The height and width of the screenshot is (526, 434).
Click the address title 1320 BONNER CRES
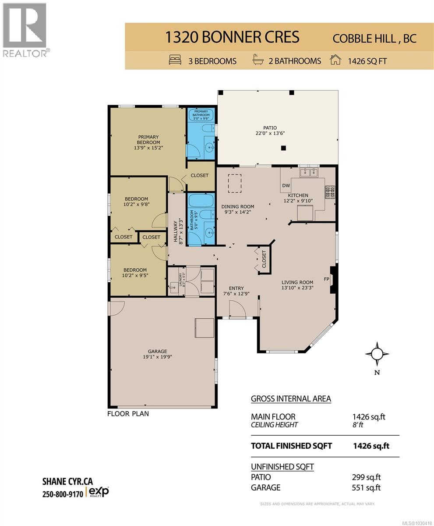click(232, 37)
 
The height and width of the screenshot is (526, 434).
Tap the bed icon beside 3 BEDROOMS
click(175, 60)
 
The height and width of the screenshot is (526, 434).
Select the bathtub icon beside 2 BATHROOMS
click(258, 60)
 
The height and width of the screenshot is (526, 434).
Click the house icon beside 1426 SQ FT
click(335, 60)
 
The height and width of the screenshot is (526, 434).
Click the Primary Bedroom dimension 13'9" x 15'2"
click(147, 148)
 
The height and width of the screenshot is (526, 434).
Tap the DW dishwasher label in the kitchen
click(286, 186)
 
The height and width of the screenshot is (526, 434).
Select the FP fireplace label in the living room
click(326, 279)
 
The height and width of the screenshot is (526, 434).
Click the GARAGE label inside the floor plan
click(157, 351)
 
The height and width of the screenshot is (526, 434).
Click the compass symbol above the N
click(377, 353)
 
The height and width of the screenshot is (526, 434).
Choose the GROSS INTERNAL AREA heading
click(291, 399)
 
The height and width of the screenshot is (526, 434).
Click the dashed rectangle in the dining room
click(235, 183)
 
